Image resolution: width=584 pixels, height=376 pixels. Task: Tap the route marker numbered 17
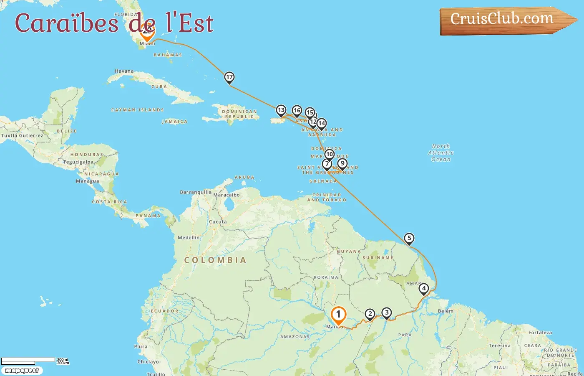tap(229, 77)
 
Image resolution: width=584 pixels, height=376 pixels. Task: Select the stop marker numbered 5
tap(409, 239)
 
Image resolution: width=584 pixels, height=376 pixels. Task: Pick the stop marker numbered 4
tap(424, 288)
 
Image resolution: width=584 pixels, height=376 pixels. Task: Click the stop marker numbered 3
tap(387, 313)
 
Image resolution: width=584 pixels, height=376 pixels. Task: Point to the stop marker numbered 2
tap(370, 314)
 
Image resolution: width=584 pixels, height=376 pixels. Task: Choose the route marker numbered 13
tap(281, 111)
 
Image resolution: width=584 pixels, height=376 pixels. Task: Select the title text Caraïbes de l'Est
tap(114, 23)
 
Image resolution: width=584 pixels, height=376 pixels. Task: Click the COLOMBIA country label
tap(215, 260)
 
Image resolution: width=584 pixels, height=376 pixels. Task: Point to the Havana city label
tap(124, 71)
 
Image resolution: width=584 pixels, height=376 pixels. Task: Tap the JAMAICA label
tap(175, 122)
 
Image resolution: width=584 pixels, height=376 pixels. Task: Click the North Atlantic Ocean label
tap(441, 153)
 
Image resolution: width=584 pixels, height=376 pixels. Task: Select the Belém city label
tap(446, 311)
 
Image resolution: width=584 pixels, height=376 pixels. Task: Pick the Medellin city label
tap(189, 238)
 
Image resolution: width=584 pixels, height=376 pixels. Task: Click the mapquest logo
tap(22, 371)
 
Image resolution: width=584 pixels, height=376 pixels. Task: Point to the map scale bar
tap(28, 360)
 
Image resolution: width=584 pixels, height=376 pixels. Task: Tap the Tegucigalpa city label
tap(78, 162)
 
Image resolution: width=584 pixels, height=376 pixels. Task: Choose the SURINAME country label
tap(378, 258)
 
